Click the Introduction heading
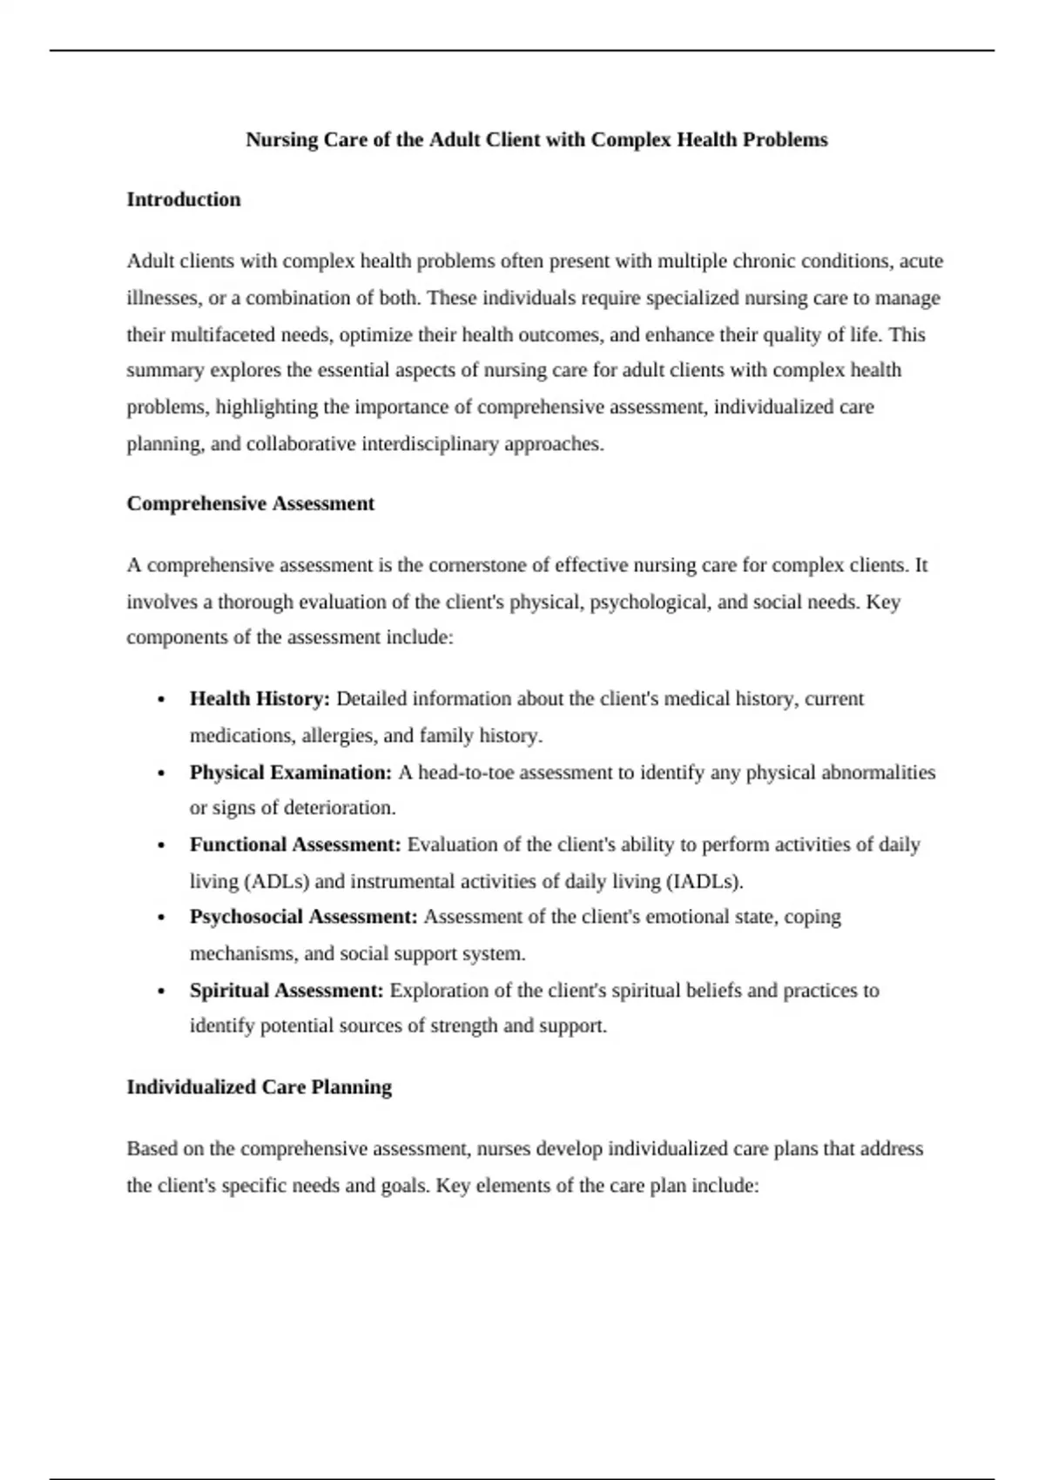tap(184, 199)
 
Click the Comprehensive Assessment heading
tap(251, 503)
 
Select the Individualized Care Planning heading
tap(260, 1086)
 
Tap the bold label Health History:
tap(260, 698)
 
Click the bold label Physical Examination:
tap(291, 772)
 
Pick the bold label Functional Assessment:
tap(295, 844)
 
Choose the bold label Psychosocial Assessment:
tap(304, 917)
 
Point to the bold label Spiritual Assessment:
tap(287, 990)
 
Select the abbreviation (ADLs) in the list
tap(278, 881)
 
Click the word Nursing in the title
tap(282, 139)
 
